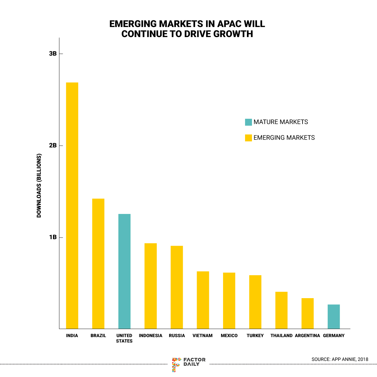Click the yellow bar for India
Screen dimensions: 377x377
(72, 206)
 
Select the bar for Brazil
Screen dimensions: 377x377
(98, 264)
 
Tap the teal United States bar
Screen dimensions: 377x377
(124, 271)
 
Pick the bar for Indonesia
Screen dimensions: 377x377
(150, 286)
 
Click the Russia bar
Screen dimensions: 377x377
(177, 287)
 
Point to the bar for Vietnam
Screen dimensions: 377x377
(203, 300)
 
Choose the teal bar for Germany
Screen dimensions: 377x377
(334, 317)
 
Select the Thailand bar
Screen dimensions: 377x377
(281, 310)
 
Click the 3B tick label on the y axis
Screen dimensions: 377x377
(53, 54)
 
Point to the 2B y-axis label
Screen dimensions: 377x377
(53, 145)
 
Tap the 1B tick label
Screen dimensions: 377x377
(53, 237)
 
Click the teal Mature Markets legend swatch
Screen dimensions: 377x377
(249, 122)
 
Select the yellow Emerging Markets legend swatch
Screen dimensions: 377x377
(249, 138)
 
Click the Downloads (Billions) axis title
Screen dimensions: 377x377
(39, 185)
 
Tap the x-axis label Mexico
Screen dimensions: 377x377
(229, 336)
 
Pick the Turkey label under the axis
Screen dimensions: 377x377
(255, 336)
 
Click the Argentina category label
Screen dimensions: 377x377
(308, 336)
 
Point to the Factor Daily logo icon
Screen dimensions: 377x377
(176, 364)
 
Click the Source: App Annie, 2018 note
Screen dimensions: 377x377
(340, 359)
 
